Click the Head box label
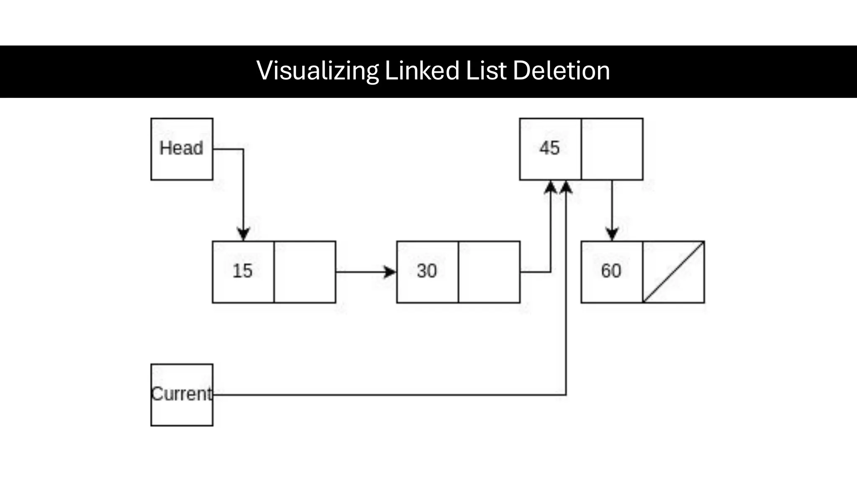click(181, 148)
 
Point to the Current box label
click(182, 394)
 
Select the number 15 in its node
click(243, 271)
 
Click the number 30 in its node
click(427, 271)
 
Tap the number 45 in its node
click(549, 148)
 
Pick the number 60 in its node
click(611, 271)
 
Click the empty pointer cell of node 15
click(305, 272)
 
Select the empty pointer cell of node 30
click(489, 272)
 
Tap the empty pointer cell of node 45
click(612, 149)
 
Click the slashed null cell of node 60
click(673, 272)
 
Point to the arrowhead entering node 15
click(244, 233)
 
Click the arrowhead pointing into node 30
click(390, 272)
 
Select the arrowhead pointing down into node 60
click(612, 233)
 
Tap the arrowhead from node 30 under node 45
click(551, 187)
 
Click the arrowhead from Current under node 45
click(566, 187)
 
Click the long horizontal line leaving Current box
click(389, 395)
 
